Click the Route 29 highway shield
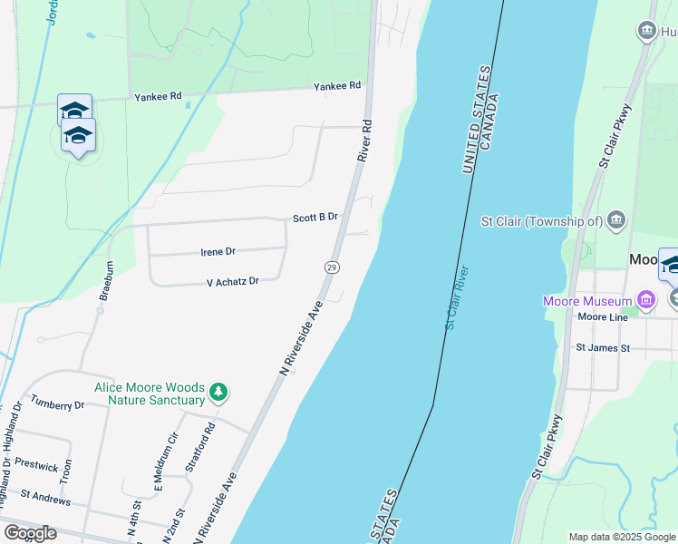332,267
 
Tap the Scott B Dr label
315,218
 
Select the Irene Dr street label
218,251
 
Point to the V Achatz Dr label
233,282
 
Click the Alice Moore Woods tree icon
218,393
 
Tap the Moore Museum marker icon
646,299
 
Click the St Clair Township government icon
616,220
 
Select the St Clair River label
456,296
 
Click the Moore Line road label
602,317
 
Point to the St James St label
603,347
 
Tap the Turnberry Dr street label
57,404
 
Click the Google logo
30,533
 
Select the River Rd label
365,141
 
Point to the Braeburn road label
106,280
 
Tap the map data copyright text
622,537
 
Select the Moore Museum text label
587,301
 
